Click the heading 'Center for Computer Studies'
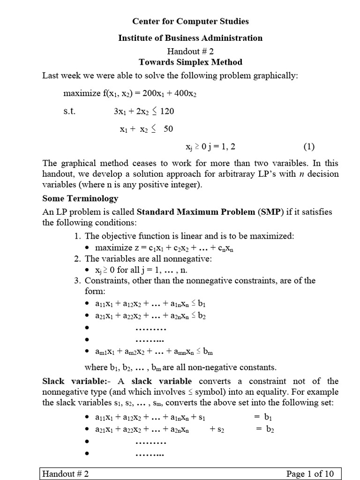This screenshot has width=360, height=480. coord(190,21)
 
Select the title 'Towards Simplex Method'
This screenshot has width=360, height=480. coord(190,62)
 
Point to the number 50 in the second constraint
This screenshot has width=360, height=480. coord(168,129)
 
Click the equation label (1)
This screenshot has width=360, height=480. coord(309,147)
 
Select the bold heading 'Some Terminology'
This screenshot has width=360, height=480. coord(80,198)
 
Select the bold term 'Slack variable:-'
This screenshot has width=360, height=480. coord(73,381)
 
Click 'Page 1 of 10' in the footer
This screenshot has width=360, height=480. coord(310,474)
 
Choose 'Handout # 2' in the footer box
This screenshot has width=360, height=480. coord(66,474)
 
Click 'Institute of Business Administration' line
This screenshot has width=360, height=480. coord(190,38)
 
